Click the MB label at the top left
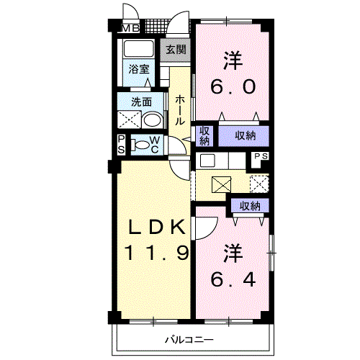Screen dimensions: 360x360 click(130, 29)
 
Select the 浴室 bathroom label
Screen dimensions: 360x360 click(139, 69)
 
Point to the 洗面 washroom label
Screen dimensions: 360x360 click(140, 102)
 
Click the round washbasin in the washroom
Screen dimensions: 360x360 click(151, 120)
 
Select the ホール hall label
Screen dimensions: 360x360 click(179, 107)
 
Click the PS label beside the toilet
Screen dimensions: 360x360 click(121, 144)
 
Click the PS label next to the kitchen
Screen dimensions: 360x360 click(261, 157)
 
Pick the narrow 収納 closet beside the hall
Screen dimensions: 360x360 click(205, 135)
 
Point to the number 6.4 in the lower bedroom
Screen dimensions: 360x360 click(233, 277)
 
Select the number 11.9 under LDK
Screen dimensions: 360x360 click(158, 253)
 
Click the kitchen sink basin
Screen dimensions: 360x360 click(207, 161)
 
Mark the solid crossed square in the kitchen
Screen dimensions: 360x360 click(220, 184)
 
